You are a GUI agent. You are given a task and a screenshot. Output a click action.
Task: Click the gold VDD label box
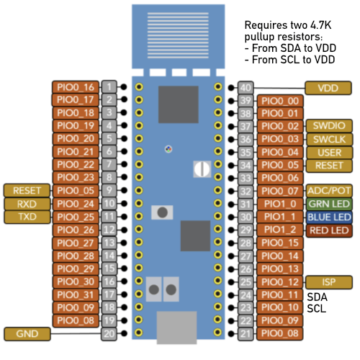pos(328,88)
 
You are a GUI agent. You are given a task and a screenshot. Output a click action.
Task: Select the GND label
pos(27,334)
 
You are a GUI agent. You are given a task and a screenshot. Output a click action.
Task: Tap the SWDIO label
pos(329,126)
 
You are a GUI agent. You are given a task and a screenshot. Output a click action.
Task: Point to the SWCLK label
pos(329,139)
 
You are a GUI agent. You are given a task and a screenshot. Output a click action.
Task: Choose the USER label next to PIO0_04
pos(329,153)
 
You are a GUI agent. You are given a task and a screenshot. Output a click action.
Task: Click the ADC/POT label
pos(329,191)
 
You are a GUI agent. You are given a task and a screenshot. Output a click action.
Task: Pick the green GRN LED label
pos(329,204)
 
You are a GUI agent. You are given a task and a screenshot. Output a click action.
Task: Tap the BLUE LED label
pos(329,217)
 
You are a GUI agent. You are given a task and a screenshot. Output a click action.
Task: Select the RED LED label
pos(329,230)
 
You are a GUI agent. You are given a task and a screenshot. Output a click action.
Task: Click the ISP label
pos(329,282)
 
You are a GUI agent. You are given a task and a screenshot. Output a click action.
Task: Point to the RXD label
pos(27,204)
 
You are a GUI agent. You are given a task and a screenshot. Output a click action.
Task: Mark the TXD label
pos(27,217)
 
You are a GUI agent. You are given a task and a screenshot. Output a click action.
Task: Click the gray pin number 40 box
pos(246,88)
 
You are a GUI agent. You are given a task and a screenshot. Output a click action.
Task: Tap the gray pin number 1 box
pos(109,87)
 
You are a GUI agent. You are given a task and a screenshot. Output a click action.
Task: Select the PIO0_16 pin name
pos(76,87)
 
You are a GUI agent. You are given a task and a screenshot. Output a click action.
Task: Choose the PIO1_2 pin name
pos(280,230)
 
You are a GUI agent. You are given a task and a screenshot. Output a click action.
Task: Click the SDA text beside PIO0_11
pos(317,297)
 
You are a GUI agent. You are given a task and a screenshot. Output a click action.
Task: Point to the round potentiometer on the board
pos(202,169)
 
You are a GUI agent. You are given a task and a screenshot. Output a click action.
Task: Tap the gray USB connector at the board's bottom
pos(177,328)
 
